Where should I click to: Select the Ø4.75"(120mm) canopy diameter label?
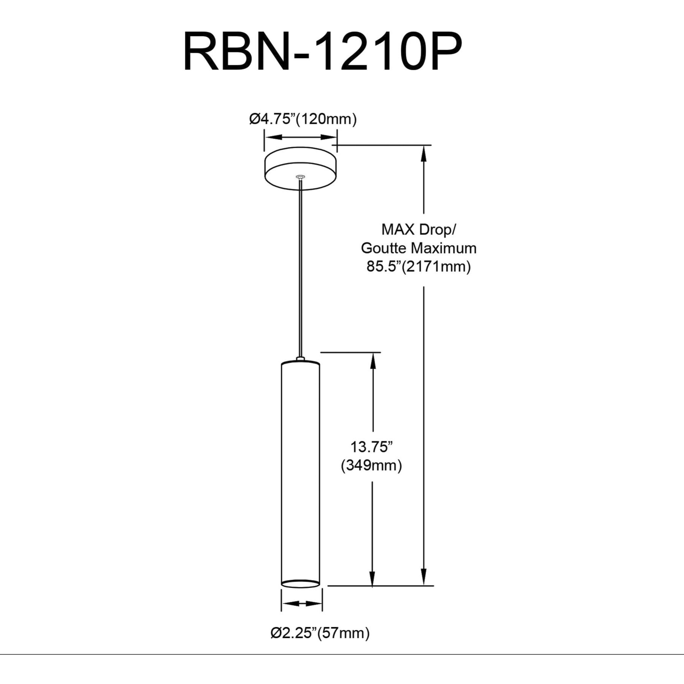click(303, 119)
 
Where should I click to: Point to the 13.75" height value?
click(372, 447)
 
